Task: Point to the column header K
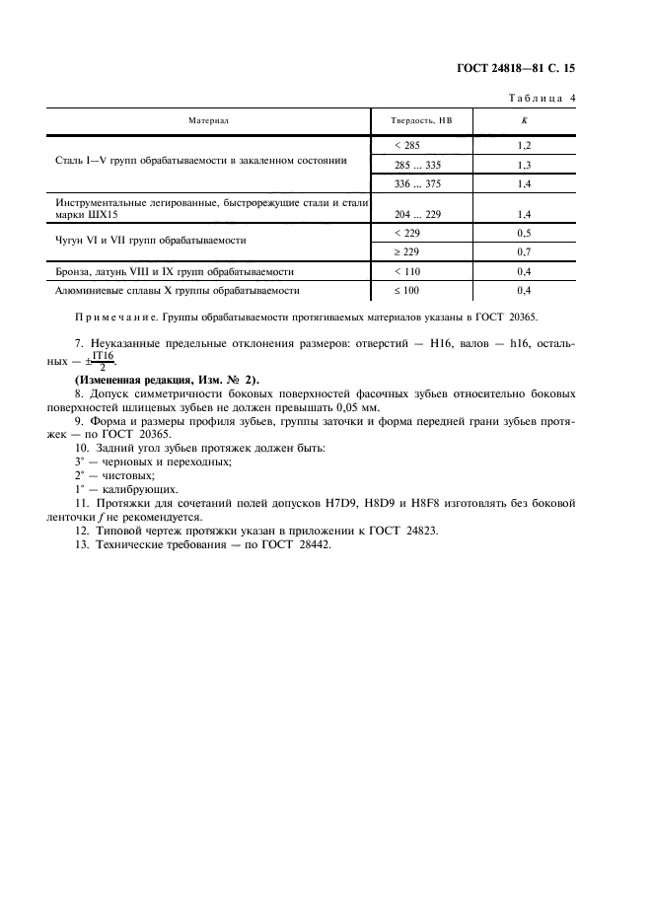pos(524,120)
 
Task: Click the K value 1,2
pos(524,145)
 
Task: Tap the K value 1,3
pos(524,165)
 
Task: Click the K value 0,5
pos(524,233)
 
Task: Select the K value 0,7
pos(524,252)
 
